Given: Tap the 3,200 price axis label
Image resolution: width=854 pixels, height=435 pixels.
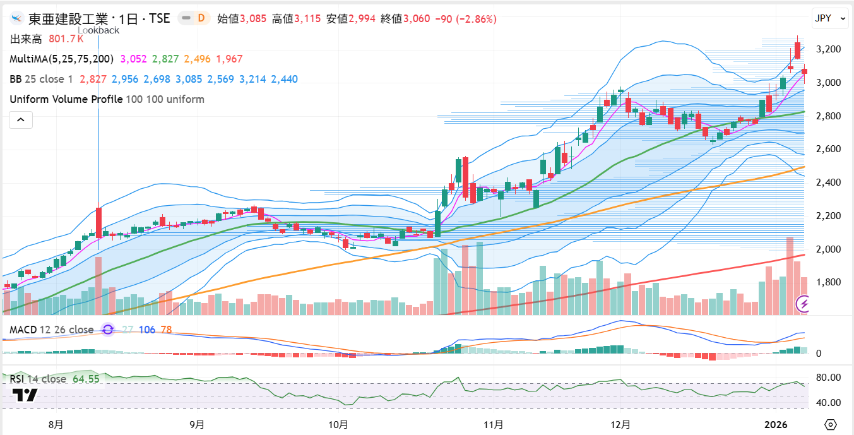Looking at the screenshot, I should pyautogui.click(x=828, y=49).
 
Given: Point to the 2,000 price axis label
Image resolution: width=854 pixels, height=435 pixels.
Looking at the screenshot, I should pyautogui.click(x=828, y=249).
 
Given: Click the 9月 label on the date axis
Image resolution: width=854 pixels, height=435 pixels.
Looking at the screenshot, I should pyautogui.click(x=197, y=424).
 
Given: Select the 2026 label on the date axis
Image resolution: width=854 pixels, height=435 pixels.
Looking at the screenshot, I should pyautogui.click(x=776, y=424).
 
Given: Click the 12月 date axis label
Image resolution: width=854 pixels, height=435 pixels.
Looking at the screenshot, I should pyautogui.click(x=621, y=424).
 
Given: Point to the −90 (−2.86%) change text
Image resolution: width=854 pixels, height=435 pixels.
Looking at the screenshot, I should pyautogui.click(x=466, y=19).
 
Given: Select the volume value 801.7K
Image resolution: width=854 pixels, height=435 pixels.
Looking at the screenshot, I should pyautogui.click(x=66, y=39).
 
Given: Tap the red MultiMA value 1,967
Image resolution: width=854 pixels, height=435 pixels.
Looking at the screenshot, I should pyautogui.click(x=229, y=59).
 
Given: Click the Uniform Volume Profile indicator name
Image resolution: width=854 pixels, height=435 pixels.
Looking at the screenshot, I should pyautogui.click(x=66, y=99).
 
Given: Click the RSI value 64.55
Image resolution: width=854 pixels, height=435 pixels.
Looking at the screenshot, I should pyautogui.click(x=86, y=379).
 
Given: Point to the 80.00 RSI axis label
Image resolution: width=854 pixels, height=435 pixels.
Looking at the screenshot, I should pyautogui.click(x=828, y=378).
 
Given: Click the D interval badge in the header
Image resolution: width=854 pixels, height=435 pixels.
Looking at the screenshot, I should pyautogui.click(x=201, y=18).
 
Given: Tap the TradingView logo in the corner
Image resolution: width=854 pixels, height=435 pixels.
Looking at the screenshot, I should pyautogui.click(x=25, y=395).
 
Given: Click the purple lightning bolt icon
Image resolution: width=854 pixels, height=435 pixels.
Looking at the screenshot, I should pyautogui.click(x=804, y=304).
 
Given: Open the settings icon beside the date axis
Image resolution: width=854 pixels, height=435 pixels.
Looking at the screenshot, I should pyautogui.click(x=831, y=424).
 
